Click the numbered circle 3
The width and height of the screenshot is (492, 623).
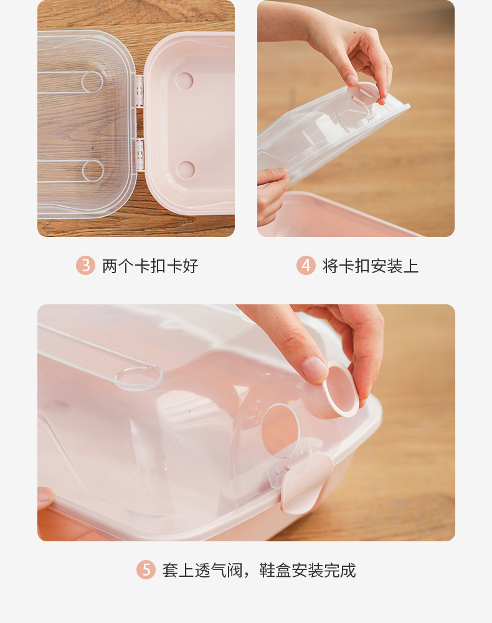85,266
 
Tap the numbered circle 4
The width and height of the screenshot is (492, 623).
306,266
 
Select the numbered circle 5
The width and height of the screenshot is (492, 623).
146,569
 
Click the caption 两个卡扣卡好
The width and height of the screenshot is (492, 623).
150,266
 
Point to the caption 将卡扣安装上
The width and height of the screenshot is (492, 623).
371,266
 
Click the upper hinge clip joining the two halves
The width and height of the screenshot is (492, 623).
140,89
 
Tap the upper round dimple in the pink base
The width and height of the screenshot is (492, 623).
184,80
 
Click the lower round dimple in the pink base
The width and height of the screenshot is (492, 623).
186,169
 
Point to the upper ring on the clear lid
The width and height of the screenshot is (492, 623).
92,82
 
